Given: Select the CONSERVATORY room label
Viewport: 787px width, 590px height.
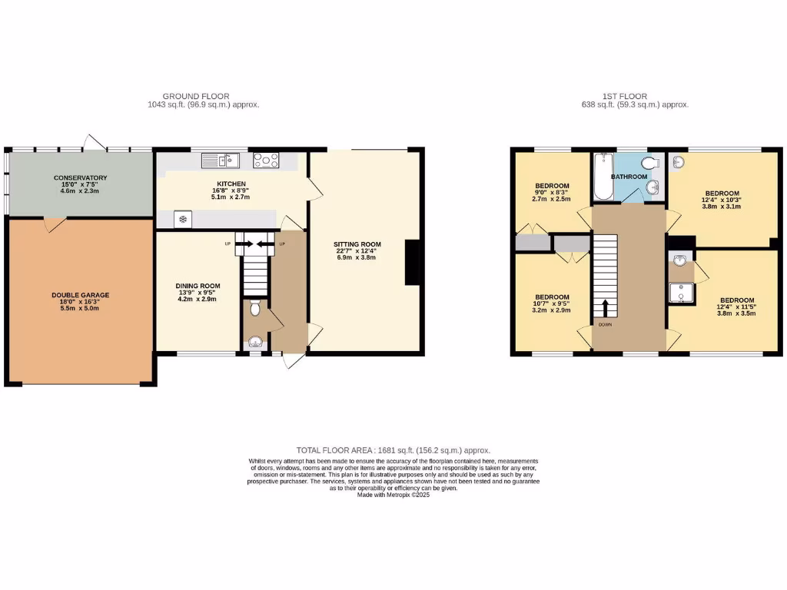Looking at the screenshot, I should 80,178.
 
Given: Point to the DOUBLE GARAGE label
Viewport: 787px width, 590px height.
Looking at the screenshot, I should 80,295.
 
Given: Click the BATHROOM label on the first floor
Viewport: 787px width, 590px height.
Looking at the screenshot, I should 629,177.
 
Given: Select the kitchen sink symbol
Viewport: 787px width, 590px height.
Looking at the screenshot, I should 221,160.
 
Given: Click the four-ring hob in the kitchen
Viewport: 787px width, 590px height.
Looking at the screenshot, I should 266,160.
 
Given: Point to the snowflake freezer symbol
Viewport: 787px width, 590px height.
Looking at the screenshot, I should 183,220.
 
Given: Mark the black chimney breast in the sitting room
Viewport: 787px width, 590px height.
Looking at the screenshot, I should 413,263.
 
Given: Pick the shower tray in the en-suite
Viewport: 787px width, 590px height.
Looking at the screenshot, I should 679,292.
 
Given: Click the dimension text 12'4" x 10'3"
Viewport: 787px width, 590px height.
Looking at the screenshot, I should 722,201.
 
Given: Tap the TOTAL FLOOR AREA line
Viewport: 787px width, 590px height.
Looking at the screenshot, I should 393,450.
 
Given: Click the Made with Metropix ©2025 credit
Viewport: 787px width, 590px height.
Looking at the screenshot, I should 393,496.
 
